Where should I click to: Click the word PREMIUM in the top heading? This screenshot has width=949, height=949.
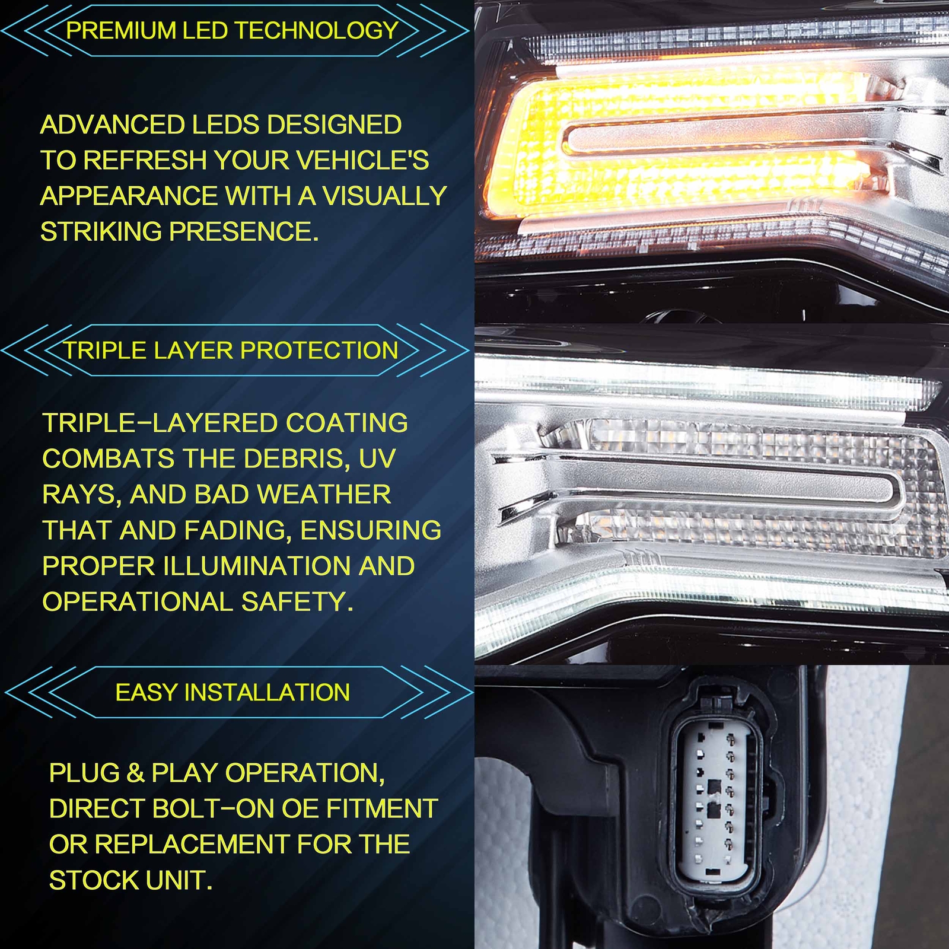pyautogui.click(x=120, y=31)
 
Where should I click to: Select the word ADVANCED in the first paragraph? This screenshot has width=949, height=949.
pyautogui.click(x=112, y=125)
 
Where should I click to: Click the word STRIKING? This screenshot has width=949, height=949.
pyautogui.click(x=101, y=232)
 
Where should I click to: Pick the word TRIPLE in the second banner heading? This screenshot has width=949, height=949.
pyautogui.click(x=105, y=351)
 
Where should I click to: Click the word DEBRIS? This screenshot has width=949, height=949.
pyautogui.click(x=296, y=459)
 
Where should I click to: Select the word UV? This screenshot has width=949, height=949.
pyautogui.click(x=377, y=459)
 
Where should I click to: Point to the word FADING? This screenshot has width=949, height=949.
pyautogui.click(x=238, y=531)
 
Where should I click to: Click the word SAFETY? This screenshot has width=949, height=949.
pyautogui.click(x=297, y=602)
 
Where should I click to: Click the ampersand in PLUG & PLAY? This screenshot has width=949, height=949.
pyautogui.click(x=135, y=773)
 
